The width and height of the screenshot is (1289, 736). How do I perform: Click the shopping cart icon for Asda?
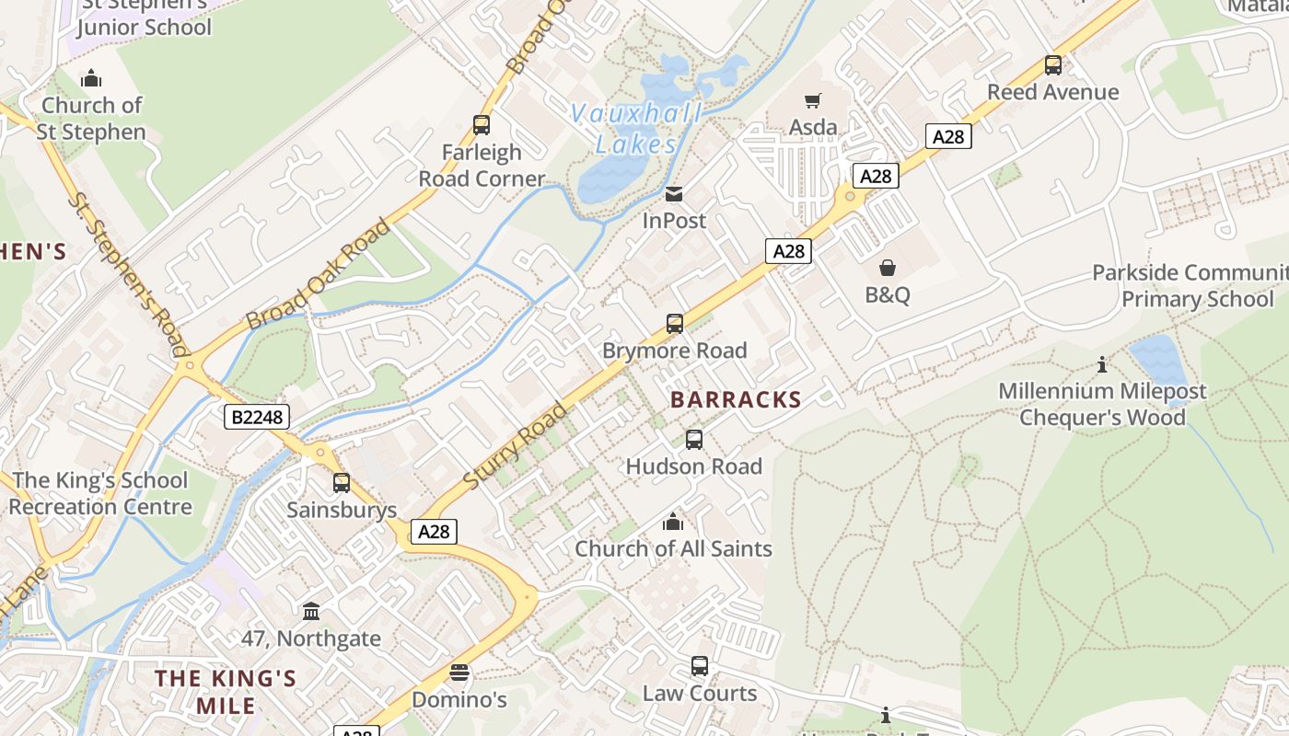coord(812,100)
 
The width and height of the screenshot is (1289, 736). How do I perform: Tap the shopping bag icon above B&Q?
coord(888,268)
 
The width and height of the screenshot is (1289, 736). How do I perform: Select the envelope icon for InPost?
coord(674,194)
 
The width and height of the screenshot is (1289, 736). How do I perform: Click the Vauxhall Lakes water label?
coord(636,129)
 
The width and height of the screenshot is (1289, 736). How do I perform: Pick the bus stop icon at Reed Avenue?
coord(1053,65)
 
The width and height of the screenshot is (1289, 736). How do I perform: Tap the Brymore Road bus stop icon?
coord(675,324)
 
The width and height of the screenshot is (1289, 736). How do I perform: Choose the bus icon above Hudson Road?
coord(694,440)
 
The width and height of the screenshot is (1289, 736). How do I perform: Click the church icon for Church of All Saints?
coord(673,522)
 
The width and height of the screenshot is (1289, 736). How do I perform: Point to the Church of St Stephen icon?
coord(91,79)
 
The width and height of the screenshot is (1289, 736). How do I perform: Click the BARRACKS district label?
coord(736,399)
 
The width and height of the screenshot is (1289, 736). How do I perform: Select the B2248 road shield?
coord(257,418)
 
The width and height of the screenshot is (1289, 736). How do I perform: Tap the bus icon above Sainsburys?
coord(342,483)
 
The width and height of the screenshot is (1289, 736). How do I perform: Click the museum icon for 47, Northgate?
coord(311,611)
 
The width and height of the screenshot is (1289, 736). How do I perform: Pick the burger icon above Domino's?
coord(459,673)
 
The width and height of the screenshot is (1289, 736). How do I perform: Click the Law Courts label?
coord(700,694)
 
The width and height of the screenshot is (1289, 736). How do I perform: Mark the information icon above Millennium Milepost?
coord(1102,365)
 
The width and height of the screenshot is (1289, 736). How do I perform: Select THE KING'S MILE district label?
coord(226,692)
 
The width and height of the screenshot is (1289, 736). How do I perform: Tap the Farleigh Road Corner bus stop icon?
coord(481,125)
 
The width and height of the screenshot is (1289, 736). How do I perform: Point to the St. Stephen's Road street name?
coord(127,273)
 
